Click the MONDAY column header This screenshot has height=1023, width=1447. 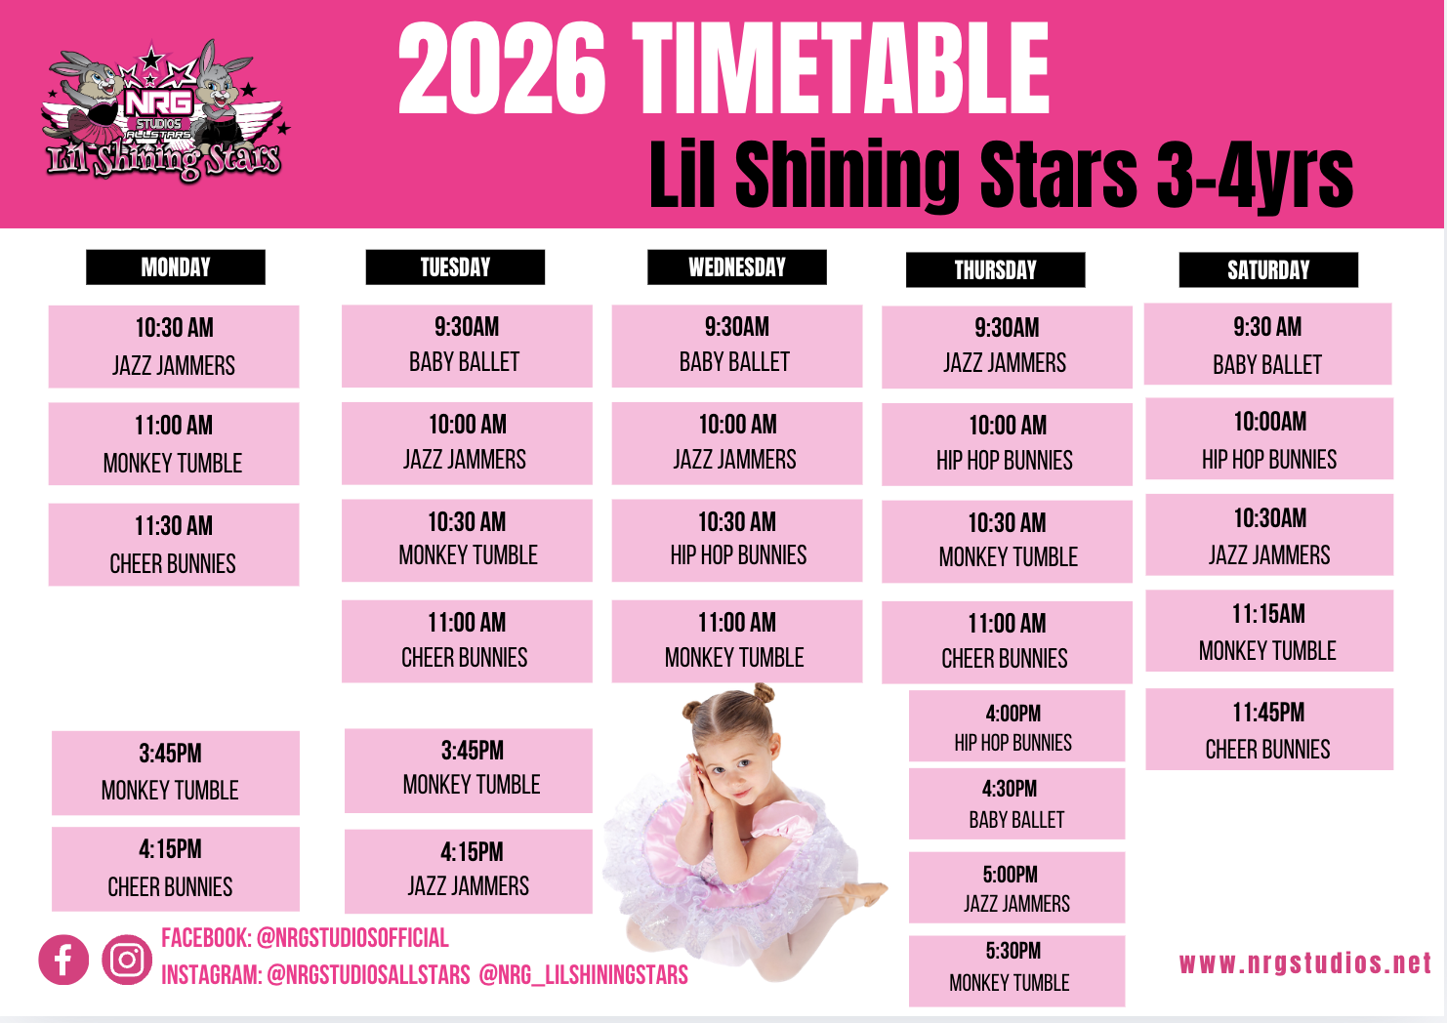(x=176, y=266)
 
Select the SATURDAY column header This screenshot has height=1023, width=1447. (x=1268, y=269)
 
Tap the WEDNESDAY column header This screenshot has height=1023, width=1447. (x=737, y=266)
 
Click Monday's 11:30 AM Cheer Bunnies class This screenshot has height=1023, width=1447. (x=174, y=545)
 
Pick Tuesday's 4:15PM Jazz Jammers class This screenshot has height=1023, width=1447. (x=469, y=872)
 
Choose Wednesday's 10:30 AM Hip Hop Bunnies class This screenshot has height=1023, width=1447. (x=737, y=540)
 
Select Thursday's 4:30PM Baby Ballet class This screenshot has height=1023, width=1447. (x=1016, y=803)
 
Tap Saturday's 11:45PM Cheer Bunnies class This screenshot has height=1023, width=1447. (x=1269, y=729)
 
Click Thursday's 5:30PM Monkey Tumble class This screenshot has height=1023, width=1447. (x=1016, y=970)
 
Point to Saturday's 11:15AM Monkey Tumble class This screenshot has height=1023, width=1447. (x=1269, y=631)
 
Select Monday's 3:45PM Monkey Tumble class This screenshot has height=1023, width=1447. (x=176, y=772)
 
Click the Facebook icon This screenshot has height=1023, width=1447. (x=63, y=960)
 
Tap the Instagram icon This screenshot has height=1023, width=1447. (x=127, y=960)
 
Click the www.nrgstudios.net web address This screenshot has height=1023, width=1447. (x=1305, y=962)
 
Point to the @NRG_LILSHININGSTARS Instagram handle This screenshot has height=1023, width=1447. (x=583, y=974)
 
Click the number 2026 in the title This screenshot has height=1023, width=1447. (x=503, y=68)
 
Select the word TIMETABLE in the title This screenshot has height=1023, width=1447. (x=841, y=68)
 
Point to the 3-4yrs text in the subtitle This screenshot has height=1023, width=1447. (x=1255, y=175)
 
